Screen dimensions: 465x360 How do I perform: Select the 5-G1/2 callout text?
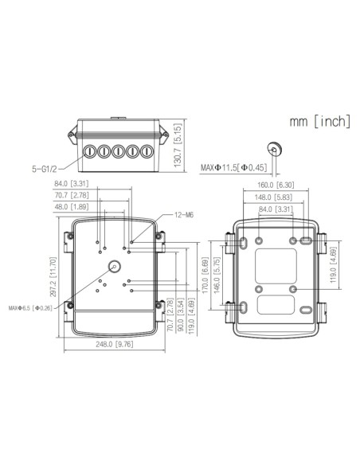[x=45, y=169]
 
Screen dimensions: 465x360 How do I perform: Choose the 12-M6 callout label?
[x=183, y=215]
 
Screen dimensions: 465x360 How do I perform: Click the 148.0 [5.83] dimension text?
[x=276, y=198]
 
